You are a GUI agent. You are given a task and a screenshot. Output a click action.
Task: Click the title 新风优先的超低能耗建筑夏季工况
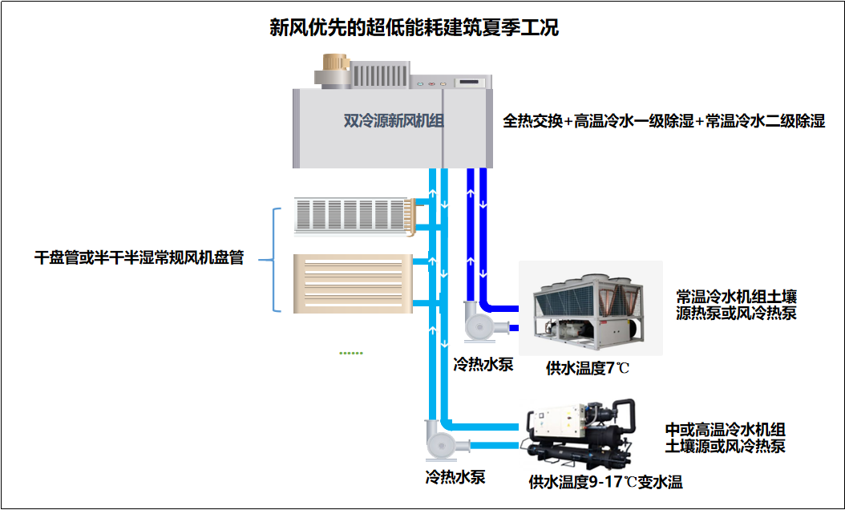[x=414, y=28]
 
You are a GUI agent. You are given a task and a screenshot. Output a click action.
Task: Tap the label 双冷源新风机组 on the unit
[x=394, y=121]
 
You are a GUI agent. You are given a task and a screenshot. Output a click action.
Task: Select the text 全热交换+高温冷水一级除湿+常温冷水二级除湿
[x=664, y=122]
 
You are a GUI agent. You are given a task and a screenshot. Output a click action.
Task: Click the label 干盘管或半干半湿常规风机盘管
[x=139, y=258]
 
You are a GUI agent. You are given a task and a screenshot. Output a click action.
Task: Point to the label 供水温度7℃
[x=588, y=368]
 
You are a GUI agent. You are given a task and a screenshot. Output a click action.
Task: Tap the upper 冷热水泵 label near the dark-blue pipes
[x=483, y=365]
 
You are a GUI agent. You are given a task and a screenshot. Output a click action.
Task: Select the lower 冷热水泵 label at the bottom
[x=455, y=477]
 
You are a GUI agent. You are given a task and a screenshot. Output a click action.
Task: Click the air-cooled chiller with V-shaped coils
[x=590, y=309]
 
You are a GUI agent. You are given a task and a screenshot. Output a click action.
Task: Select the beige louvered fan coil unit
[x=353, y=283]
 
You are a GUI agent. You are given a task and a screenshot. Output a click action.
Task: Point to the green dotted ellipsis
[x=351, y=353]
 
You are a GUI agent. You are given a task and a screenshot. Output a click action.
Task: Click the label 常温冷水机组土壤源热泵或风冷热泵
[x=736, y=305]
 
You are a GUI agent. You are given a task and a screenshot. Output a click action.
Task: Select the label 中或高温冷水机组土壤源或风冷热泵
[x=725, y=438]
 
